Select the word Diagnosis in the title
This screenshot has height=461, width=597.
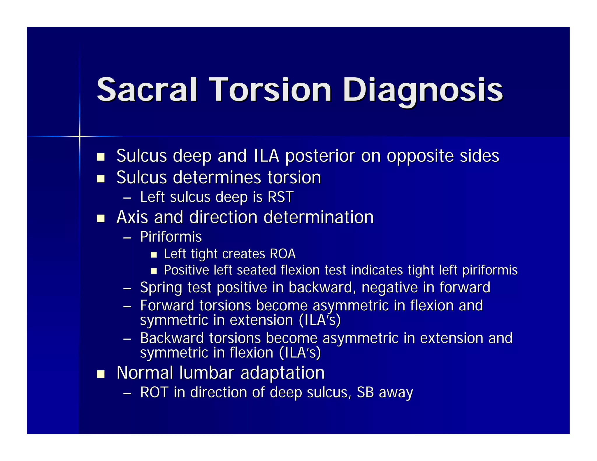(x=423, y=90)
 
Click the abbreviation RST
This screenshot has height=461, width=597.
(x=280, y=197)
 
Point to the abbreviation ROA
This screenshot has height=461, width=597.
(x=282, y=254)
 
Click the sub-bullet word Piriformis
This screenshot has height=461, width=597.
(x=171, y=237)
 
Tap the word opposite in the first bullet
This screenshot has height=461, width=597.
(x=420, y=156)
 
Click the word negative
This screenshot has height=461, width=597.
(x=389, y=288)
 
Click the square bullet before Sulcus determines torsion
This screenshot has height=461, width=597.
(x=101, y=179)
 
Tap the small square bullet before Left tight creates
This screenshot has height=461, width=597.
(x=154, y=255)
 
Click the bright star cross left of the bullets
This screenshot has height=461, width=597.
(x=80, y=136)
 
